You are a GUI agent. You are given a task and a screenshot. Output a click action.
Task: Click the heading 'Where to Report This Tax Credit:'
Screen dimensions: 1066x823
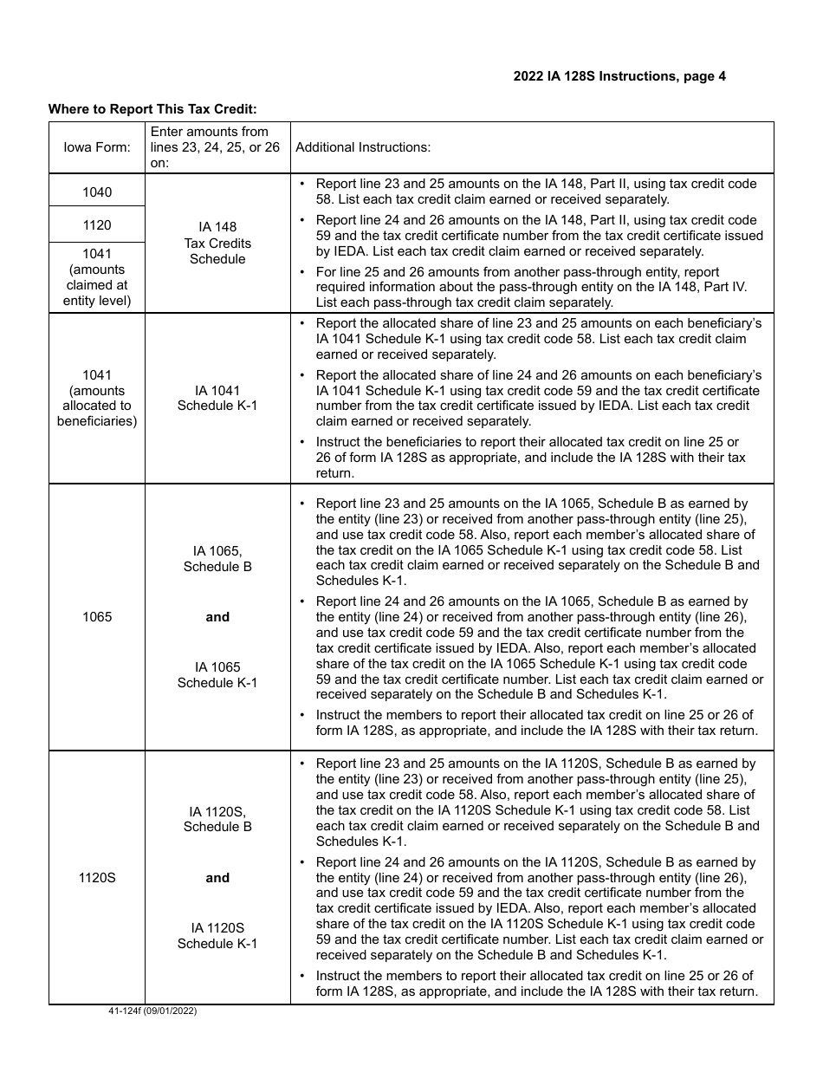(152, 109)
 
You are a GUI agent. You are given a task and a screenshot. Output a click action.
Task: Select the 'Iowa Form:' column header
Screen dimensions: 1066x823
(97, 147)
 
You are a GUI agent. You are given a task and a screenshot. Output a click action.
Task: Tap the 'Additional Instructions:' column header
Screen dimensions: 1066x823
(363, 147)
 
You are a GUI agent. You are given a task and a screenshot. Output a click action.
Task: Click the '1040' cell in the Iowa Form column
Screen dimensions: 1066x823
(97, 192)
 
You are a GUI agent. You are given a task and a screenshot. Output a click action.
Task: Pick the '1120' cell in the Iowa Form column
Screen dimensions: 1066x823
(97, 225)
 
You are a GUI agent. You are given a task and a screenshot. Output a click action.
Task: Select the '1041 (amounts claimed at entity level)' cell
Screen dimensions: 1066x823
(97, 276)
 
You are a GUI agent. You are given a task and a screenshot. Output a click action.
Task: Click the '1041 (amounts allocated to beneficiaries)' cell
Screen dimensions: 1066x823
(97, 398)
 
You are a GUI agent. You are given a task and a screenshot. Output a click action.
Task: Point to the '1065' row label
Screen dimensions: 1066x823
(97, 617)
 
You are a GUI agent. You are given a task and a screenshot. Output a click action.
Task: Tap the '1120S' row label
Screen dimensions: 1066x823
(97, 878)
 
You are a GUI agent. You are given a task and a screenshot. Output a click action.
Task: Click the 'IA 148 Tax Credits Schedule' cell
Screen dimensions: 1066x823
(217, 243)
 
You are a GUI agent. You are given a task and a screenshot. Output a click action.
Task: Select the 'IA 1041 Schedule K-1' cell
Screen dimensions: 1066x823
(217, 398)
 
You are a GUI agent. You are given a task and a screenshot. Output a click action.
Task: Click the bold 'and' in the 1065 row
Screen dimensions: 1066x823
(217, 617)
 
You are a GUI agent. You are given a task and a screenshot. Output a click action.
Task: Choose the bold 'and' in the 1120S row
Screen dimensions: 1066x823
(217, 878)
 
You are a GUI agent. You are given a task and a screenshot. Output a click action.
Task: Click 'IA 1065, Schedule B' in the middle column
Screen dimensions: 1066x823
(217, 559)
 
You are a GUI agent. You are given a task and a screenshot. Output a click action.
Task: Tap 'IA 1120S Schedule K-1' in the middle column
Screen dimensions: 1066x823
(217, 935)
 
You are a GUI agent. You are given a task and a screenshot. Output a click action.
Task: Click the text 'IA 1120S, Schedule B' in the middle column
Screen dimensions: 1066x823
(217, 819)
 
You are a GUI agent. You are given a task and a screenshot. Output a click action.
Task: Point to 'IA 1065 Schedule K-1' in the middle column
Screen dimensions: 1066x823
(217, 674)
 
